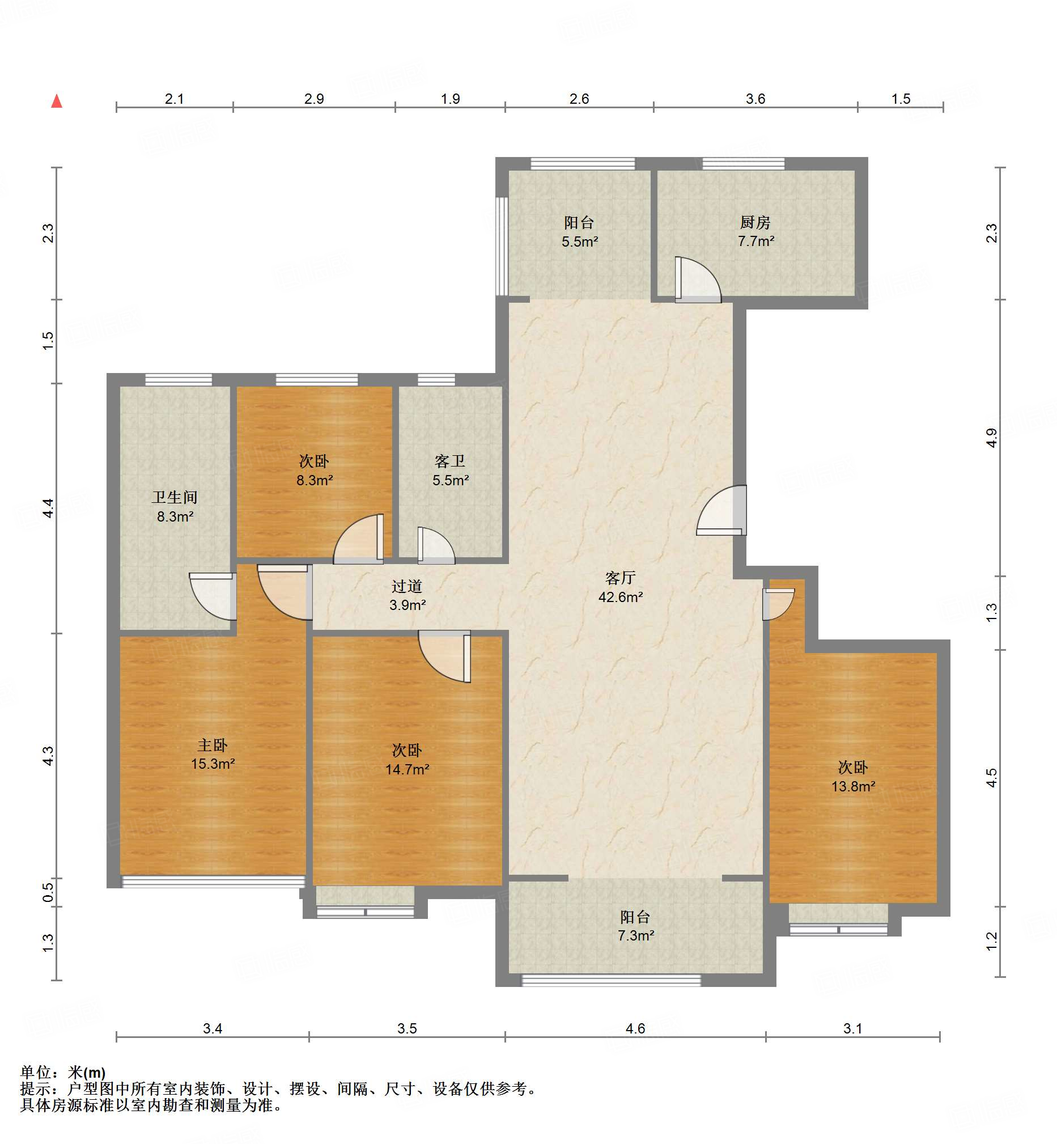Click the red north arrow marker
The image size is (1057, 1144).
57,101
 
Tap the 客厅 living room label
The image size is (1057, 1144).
621,578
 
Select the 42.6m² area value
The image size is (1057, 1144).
621,597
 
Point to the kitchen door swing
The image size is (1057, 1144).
698,279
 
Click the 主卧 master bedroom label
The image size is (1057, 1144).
213,745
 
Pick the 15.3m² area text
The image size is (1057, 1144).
213,764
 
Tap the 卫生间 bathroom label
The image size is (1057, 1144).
175,498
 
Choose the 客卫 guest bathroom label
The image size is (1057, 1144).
450,461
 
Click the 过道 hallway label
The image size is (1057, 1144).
407,586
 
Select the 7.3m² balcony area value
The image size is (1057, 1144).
635,936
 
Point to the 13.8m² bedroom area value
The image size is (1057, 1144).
853,786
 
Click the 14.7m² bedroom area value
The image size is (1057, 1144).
407,770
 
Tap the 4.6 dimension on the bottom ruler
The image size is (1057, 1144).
635,1028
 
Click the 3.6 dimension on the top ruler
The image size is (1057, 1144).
755,99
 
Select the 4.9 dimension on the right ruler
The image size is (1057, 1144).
991,438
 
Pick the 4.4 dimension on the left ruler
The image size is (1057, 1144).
49,508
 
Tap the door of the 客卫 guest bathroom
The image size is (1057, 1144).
436,546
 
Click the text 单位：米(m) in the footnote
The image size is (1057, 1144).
63,1073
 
